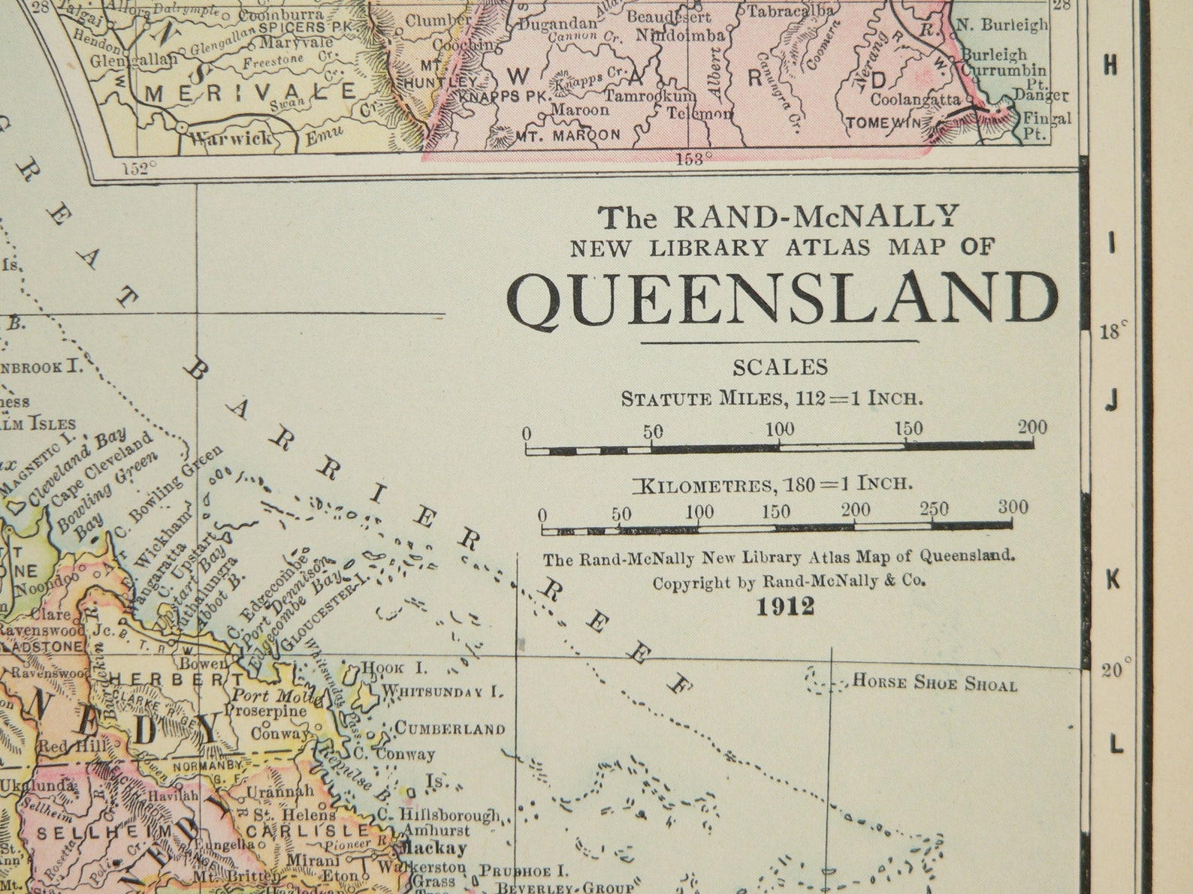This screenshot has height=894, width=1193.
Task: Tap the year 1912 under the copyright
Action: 785,607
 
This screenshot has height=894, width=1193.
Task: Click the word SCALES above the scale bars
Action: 780,367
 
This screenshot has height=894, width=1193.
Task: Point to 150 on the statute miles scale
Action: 908,429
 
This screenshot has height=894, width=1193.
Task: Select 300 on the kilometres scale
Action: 1012,507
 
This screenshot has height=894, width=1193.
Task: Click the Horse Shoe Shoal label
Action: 935,684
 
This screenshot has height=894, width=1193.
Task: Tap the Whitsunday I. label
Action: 441,691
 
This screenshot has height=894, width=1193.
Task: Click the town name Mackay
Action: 435,848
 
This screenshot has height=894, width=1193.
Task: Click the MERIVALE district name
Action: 251,93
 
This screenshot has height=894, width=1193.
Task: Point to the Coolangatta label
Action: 914,99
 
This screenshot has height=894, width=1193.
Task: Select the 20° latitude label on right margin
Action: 1116,670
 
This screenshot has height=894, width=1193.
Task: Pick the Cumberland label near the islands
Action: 450,729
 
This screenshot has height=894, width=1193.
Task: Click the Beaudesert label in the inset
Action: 668,17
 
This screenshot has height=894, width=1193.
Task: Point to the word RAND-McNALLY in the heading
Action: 816,217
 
